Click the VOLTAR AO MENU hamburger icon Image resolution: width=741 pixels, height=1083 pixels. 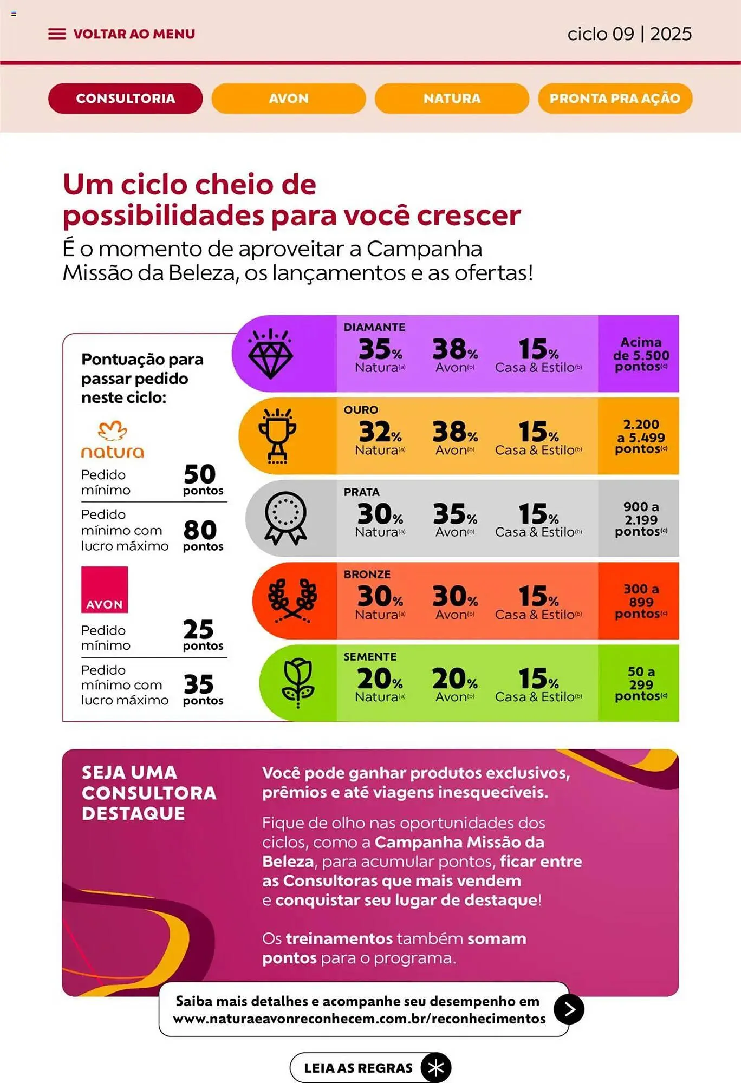pos(57,34)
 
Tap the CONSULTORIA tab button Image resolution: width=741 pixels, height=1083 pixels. pos(125,99)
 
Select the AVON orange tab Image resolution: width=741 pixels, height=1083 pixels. pos(289,99)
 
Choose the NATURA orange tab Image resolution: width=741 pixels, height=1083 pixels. pos(452,99)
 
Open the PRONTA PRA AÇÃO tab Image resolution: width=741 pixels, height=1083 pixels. pos(615,99)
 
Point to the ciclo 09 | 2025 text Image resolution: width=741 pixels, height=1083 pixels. pos(629,34)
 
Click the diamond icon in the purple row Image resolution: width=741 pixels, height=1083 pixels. pos(270,354)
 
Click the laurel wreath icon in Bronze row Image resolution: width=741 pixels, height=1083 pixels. pos(292,601)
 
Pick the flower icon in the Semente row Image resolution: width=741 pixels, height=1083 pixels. pos(298,683)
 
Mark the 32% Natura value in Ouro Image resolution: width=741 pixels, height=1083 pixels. pos(380,436)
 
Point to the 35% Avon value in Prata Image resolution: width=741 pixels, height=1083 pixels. pos(455,519)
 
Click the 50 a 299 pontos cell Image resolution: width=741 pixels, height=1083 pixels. pos(640,683)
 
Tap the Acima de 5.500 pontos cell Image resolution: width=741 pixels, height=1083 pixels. pos(640,354)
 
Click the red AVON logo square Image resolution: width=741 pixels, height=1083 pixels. pos(105,590)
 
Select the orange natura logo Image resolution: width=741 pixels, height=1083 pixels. pos(113,440)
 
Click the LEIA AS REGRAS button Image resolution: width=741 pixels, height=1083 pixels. pos(370,1068)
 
